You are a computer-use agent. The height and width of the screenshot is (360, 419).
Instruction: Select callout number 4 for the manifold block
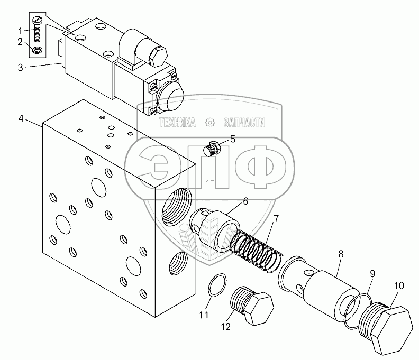tap(21, 118)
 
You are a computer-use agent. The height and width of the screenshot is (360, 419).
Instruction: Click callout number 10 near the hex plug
tap(399, 285)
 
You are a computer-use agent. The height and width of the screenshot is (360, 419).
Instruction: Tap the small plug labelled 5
tap(211, 148)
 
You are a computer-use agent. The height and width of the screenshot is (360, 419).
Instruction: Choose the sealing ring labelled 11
tap(216, 286)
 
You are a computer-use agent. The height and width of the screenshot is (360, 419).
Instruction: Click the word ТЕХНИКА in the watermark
tap(178, 123)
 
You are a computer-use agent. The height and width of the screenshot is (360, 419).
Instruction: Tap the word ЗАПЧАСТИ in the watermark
tap(244, 123)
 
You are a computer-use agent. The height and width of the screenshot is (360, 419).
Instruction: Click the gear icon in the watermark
tap(211, 123)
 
